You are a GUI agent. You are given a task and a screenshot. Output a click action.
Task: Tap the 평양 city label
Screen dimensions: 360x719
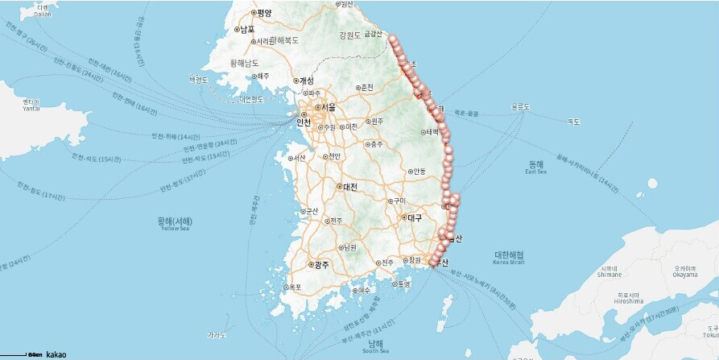[263, 13]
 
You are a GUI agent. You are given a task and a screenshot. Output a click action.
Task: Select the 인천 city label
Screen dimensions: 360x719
[304, 123]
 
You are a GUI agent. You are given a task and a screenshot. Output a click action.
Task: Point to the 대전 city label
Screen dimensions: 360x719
[349, 187]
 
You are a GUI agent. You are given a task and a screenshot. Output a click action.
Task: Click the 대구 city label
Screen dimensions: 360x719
[415, 217]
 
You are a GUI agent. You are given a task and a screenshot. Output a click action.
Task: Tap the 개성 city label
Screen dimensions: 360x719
[304, 81]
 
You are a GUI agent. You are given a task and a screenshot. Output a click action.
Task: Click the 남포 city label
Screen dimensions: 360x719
[245, 30]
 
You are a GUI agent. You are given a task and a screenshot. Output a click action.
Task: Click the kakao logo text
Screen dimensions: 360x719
[56, 354]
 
